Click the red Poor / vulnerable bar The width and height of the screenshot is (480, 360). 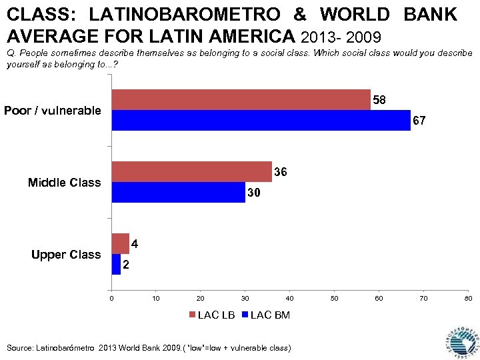(x=241, y=100)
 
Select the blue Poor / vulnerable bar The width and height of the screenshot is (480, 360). (x=261, y=121)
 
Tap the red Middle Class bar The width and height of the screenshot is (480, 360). (x=191, y=172)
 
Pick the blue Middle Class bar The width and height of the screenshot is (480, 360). (x=178, y=193)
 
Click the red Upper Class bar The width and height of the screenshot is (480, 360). (x=120, y=244)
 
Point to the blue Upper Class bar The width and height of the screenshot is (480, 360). (x=116, y=265)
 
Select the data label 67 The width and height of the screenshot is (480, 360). (x=419, y=121)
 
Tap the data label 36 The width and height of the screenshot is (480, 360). (x=281, y=173)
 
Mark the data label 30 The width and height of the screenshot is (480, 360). (x=254, y=193)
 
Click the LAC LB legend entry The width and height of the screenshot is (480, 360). (x=211, y=315)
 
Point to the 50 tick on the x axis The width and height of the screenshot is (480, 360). (x=335, y=297)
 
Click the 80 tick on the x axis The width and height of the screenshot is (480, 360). (x=468, y=297)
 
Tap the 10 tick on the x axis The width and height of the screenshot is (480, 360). (x=156, y=297)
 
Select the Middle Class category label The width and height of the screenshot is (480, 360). (x=65, y=183)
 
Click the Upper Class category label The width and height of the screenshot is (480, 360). (x=66, y=255)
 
